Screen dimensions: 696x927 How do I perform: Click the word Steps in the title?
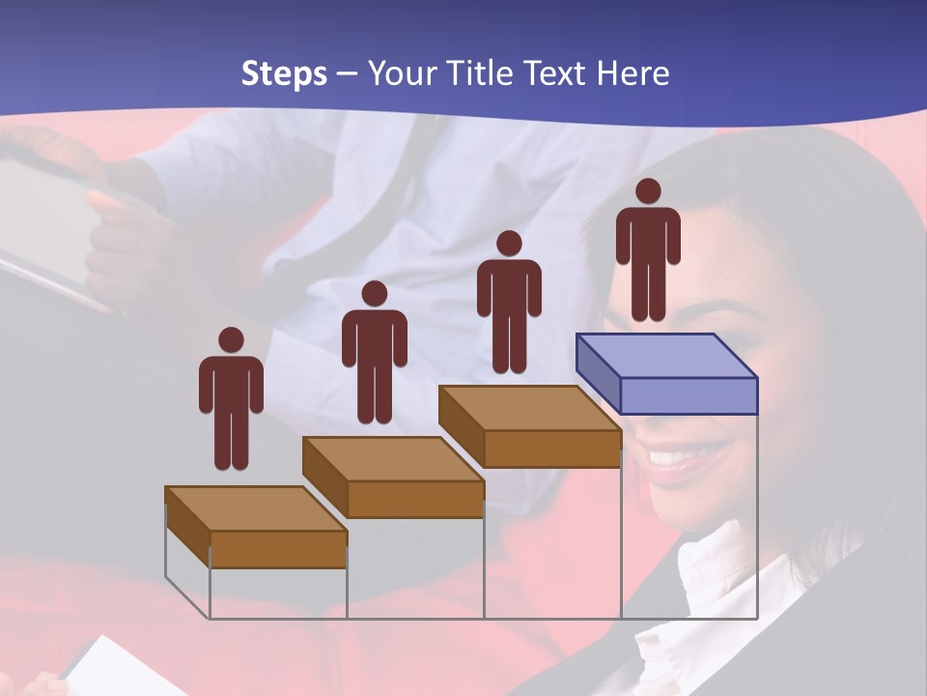(x=284, y=73)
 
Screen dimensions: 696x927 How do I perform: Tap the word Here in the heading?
(x=632, y=73)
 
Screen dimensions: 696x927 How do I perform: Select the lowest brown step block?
(x=256, y=528)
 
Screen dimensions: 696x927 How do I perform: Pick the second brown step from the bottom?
(x=393, y=478)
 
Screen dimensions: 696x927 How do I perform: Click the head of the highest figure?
(x=648, y=191)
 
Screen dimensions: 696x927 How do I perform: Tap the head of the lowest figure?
(x=231, y=339)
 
